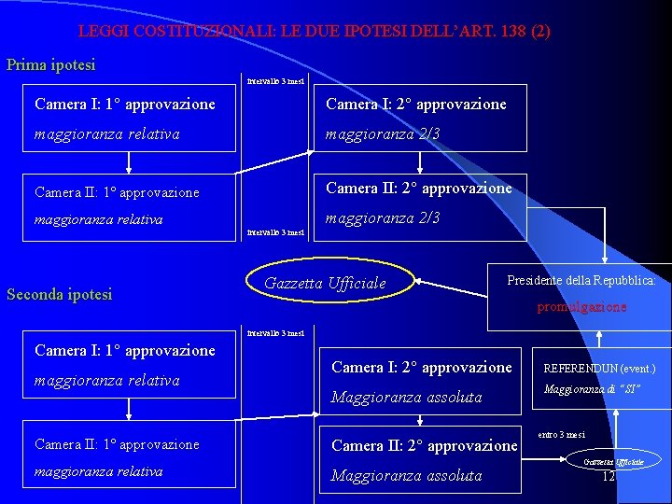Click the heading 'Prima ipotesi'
51,65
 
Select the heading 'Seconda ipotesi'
60,295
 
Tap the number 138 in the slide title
512,31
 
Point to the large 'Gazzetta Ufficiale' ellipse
326,283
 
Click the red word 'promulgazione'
582,306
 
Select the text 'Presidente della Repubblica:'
581,280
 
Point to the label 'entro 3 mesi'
561,434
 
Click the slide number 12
609,476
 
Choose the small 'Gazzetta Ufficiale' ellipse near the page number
614,462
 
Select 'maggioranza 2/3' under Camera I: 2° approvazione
383,134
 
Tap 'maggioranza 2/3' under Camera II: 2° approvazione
383,218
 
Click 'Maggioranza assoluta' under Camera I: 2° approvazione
407,398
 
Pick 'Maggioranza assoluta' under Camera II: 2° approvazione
407,476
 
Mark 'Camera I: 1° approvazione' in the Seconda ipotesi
125,351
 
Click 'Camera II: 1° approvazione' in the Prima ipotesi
117,192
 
